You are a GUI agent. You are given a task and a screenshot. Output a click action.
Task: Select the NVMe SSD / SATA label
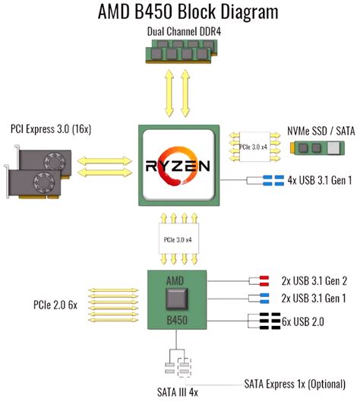(x=318, y=129)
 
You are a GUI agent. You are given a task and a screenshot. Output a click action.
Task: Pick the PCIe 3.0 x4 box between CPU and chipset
(x=177, y=240)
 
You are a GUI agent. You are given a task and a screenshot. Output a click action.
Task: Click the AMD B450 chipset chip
(x=176, y=300)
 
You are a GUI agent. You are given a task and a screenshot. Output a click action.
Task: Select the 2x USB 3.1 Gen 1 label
(x=314, y=298)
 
